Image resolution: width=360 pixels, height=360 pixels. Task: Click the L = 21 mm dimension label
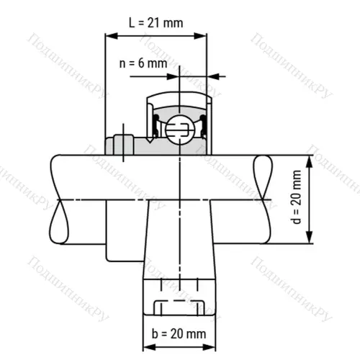pyautogui.click(x=156, y=22)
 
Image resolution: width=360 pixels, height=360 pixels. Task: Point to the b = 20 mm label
pyautogui.click(x=177, y=333)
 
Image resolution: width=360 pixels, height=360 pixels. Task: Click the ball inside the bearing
pyautogui.click(x=178, y=130)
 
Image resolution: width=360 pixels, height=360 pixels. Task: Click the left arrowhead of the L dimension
pyautogui.click(x=109, y=35)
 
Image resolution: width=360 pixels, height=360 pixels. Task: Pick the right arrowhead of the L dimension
pyautogui.click(x=203, y=35)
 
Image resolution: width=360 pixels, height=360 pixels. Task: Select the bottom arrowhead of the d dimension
pyautogui.click(x=310, y=243)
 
